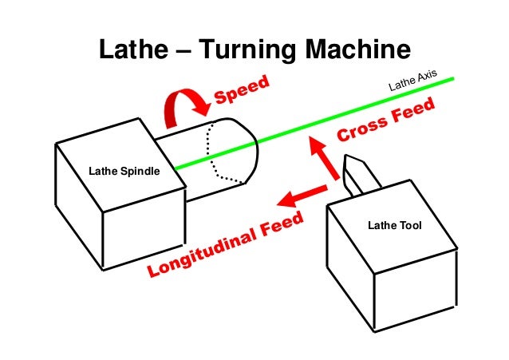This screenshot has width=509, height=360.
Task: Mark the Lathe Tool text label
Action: pyautogui.click(x=393, y=226)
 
